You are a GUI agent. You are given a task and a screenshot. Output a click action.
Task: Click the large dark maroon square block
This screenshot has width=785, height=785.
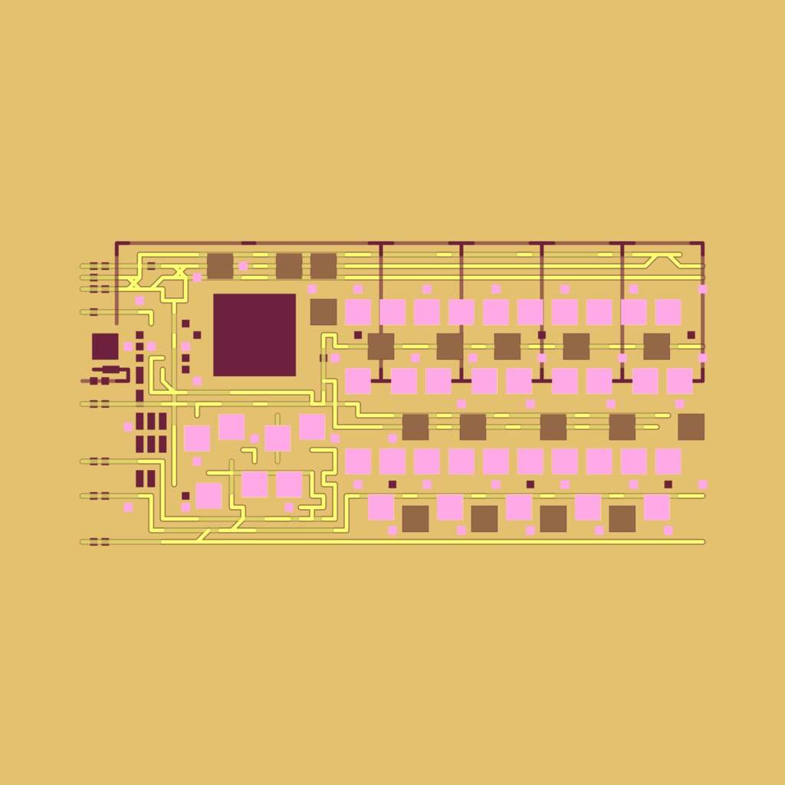click(255, 335)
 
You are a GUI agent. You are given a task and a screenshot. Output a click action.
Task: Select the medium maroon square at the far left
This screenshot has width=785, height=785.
click(105, 347)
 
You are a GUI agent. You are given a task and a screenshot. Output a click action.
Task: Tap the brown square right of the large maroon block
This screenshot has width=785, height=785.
click(324, 312)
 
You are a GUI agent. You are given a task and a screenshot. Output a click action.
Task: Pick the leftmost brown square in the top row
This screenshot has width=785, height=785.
click(220, 266)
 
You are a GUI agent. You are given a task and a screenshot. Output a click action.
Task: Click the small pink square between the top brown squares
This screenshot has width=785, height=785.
click(243, 266)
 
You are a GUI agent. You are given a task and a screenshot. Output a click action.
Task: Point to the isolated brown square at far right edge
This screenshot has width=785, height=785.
click(691, 427)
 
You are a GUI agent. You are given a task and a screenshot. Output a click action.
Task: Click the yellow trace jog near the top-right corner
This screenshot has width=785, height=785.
click(662, 260)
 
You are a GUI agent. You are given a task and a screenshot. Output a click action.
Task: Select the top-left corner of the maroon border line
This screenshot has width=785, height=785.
click(117, 244)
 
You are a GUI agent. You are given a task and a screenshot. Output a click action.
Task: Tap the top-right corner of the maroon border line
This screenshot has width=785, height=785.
click(702, 244)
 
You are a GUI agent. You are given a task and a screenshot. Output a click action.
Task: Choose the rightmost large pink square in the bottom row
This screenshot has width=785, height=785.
click(657, 507)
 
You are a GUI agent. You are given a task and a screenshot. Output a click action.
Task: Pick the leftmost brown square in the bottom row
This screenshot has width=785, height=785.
click(415, 519)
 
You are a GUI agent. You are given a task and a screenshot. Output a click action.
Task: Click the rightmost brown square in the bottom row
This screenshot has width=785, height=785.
click(622, 519)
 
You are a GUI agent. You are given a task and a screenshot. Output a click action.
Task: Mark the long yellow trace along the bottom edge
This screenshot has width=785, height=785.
click(460, 542)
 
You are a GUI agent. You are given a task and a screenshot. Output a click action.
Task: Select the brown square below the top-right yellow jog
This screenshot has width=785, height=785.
click(657, 347)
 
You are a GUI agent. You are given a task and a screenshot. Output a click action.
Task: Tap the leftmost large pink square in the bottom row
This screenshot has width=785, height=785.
click(381, 507)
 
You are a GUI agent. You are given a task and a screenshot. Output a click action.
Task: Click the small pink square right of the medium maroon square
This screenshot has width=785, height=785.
click(128, 347)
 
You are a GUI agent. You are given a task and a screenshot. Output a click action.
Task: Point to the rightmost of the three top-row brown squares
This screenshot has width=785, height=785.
click(324, 266)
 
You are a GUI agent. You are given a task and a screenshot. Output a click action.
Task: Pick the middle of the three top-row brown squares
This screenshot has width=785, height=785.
click(289, 266)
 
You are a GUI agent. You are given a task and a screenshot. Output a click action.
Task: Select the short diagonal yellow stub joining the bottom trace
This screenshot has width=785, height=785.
click(203, 535)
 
